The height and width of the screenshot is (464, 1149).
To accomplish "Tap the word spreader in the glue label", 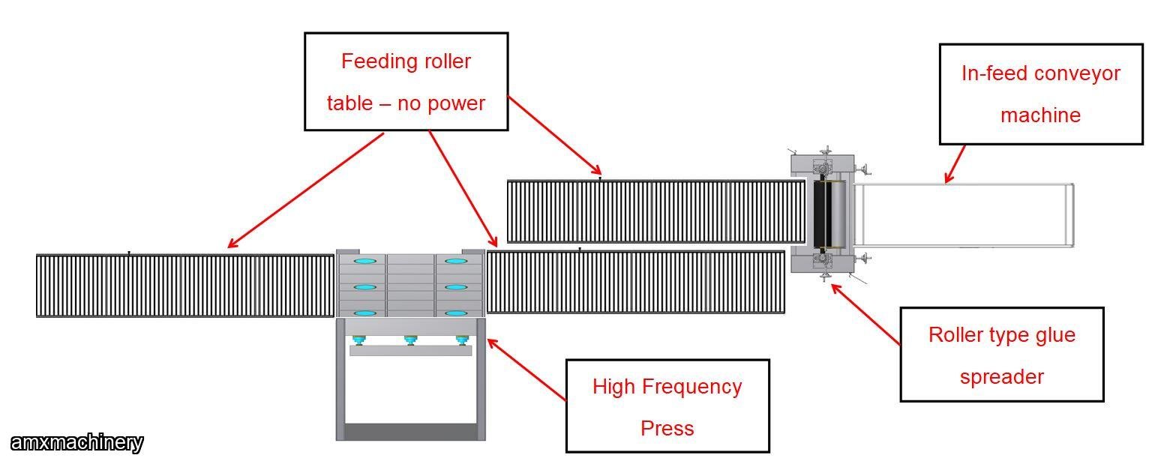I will point(1001,376).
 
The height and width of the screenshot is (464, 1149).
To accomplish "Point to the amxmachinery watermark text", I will point(76,443).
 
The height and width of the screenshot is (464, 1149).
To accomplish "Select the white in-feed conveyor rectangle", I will point(964,216).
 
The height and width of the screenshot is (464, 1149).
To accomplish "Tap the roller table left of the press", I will point(185,286).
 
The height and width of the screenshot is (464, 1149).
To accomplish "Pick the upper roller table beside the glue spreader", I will point(655,211).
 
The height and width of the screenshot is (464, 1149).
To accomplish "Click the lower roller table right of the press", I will point(635,282).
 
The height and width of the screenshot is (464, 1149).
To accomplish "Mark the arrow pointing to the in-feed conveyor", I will point(954,164).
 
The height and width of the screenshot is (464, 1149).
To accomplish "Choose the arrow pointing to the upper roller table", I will point(554,135).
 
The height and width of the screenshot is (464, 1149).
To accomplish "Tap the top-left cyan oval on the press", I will point(365,261).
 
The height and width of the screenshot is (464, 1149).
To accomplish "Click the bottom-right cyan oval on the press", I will point(457,313).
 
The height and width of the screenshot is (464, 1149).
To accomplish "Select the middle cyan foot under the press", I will point(409,340).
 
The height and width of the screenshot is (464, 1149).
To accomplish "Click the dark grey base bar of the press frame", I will point(410,432).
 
